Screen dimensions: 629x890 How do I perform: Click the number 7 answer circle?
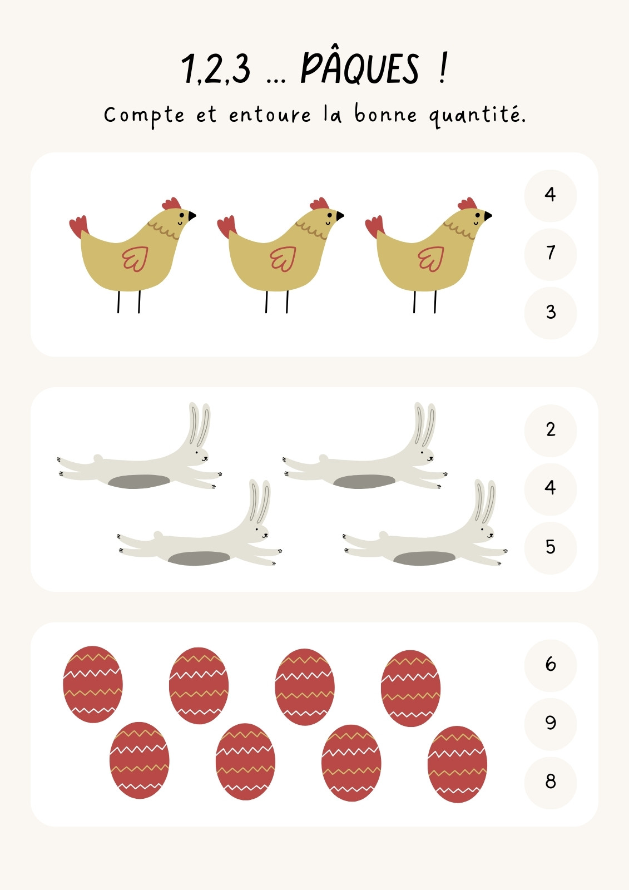[551, 254]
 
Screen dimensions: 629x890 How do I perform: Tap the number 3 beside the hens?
[551, 313]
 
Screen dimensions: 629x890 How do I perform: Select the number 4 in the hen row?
[551, 195]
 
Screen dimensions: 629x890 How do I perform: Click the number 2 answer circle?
[551, 431]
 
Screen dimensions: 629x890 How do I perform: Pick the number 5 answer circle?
[551, 548]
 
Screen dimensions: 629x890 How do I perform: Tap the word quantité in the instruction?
[477, 115]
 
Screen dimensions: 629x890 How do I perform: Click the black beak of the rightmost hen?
[488, 215]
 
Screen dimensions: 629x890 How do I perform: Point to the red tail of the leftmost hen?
[78, 226]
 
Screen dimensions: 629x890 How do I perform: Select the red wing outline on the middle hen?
[283, 259]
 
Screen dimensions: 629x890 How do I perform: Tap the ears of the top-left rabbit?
[199, 425]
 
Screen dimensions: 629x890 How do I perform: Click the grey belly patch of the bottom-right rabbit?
[424, 558]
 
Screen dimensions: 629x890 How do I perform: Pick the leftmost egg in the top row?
[92, 684]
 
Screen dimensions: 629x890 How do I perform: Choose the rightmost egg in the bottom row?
[457, 764]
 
